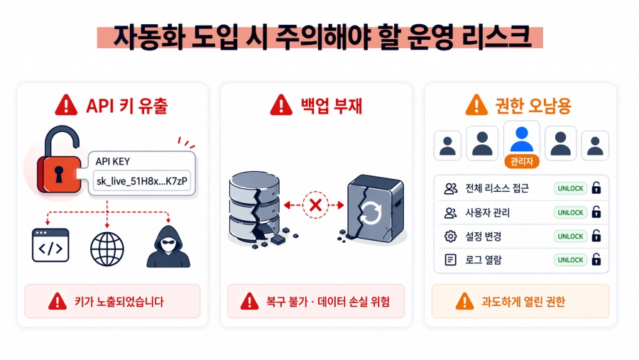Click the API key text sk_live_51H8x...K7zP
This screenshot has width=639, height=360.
[x=142, y=182]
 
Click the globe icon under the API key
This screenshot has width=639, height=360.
[x=107, y=247]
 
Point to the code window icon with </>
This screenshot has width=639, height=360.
[x=50, y=246]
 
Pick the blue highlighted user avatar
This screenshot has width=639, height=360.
[x=522, y=138]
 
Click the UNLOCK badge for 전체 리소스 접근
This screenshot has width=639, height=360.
[x=570, y=188]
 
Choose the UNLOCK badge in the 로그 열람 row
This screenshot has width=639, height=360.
[x=570, y=260]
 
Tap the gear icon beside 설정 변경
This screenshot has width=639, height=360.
[x=450, y=236]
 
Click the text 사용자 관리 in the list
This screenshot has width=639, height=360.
[x=487, y=212]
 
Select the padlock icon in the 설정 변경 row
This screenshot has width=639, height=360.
[x=596, y=236]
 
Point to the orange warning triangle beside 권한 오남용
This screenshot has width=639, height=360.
[x=476, y=106]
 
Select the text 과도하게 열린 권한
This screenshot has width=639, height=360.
[x=526, y=301]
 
